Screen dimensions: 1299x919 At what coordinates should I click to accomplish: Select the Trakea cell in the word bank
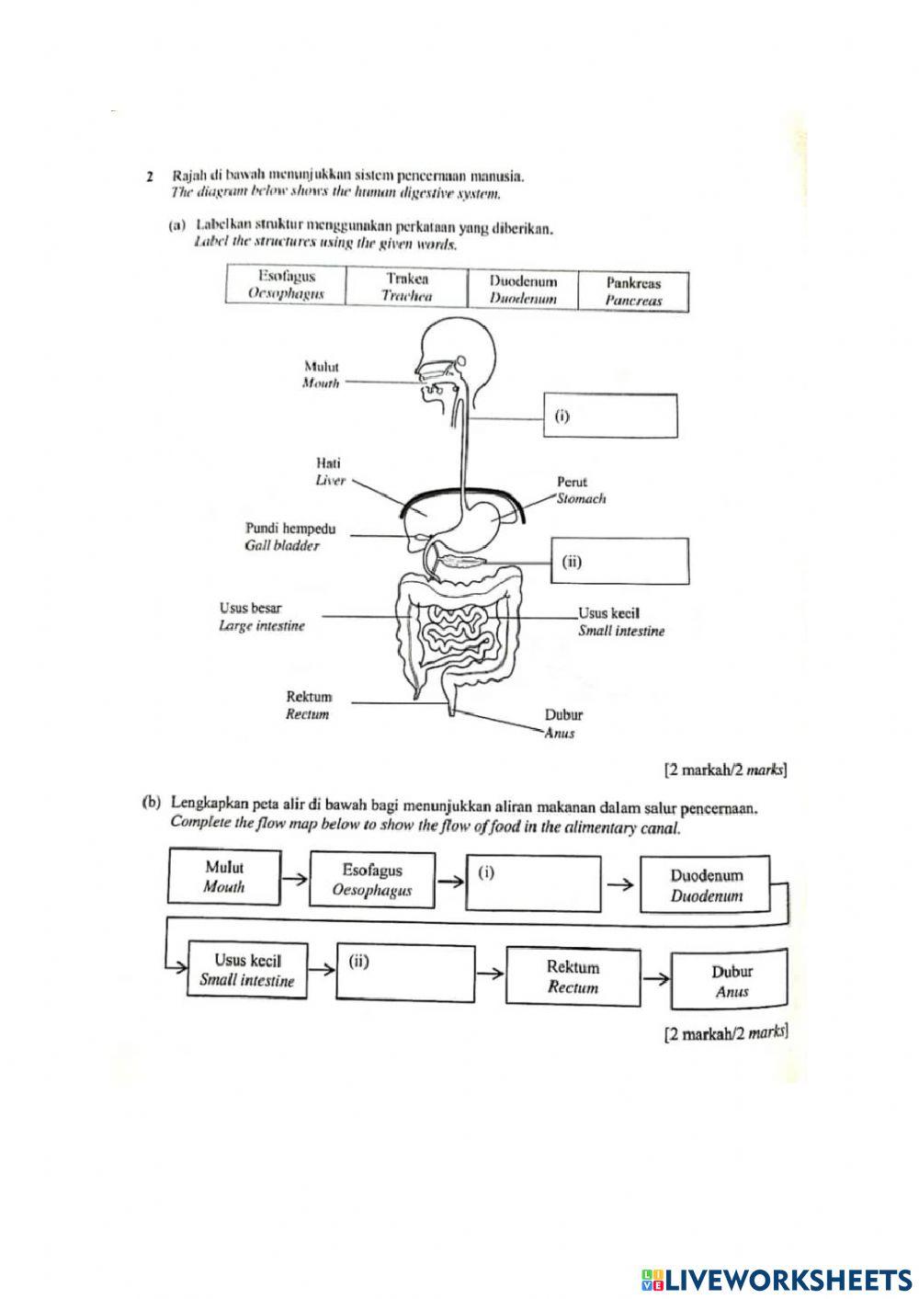point(407,287)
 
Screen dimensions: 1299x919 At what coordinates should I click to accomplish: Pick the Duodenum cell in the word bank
point(523,290)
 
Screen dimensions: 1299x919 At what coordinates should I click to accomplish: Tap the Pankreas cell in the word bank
point(633,291)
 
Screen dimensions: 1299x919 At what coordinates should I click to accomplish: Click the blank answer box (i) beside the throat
point(611,416)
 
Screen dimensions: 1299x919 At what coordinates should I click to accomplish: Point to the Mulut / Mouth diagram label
point(321,375)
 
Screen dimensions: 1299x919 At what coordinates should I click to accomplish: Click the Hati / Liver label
point(329,473)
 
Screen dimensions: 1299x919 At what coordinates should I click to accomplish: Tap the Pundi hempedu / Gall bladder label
point(289,537)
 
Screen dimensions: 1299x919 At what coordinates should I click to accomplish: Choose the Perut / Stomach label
point(579,490)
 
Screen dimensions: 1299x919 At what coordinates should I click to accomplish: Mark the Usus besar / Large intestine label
point(261,617)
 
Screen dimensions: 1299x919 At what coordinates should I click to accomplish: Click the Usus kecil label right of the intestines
point(620,621)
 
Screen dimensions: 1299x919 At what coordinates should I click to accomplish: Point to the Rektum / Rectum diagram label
point(308,705)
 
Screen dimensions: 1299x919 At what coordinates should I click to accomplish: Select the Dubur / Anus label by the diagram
point(562,724)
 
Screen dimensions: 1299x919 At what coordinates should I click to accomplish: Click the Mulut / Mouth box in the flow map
point(224,877)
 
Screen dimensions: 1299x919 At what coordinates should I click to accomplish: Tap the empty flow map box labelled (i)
point(534,883)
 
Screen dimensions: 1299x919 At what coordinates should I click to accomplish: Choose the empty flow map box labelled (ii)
point(405,973)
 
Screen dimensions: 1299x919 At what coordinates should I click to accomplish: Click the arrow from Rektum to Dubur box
point(656,978)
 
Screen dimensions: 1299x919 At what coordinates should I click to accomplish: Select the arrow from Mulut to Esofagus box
point(294,879)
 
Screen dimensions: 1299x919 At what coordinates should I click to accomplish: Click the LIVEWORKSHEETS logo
point(777,1279)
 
